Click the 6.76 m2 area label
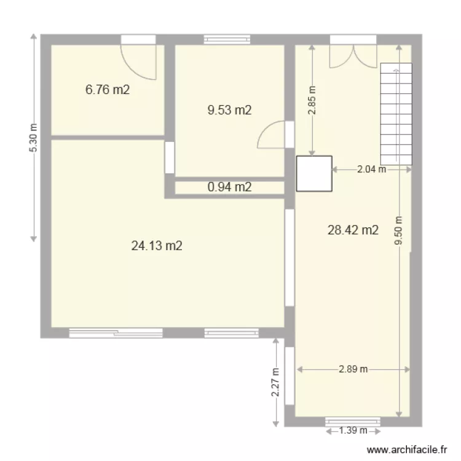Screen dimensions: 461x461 pyautogui.click(x=108, y=90)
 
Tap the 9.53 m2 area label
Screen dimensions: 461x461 pyautogui.click(x=230, y=111)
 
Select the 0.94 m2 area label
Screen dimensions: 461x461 pyautogui.click(x=230, y=187)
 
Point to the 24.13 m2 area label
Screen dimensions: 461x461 pyautogui.click(x=157, y=246)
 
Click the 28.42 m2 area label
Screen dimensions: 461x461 pyautogui.click(x=353, y=230)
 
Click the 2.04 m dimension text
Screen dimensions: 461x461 pyautogui.click(x=371, y=169)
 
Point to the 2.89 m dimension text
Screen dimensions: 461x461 pyautogui.click(x=353, y=369)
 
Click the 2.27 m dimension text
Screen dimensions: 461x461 pyautogui.click(x=276, y=382)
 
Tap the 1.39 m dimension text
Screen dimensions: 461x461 pyautogui.click(x=353, y=430)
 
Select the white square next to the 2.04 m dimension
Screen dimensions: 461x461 pyautogui.click(x=314, y=173)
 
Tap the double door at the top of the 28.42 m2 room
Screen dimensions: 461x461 pyautogui.click(x=353, y=54)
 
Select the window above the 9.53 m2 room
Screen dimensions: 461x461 pyautogui.click(x=227, y=39)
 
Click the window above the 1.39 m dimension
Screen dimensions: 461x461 pyautogui.click(x=353, y=421)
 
